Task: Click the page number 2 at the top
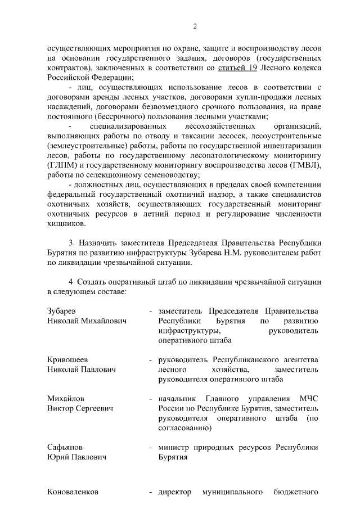tap(195, 26)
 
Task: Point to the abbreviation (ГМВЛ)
tap(303, 165)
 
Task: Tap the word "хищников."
tap(66, 223)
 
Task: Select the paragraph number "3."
tap(72, 242)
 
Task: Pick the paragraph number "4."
tap(72, 281)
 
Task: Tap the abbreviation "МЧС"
tap(308, 398)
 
